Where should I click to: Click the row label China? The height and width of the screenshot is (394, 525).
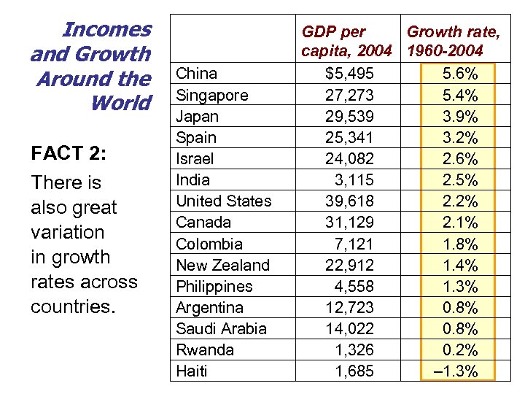197,73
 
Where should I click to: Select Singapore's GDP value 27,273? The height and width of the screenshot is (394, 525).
349,95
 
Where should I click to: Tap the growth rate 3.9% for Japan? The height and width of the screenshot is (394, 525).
460,116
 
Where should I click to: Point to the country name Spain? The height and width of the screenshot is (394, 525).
196,137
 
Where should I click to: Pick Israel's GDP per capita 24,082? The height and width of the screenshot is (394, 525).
349,158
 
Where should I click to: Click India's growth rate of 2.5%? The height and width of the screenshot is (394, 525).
460,179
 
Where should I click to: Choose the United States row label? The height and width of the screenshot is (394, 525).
224,201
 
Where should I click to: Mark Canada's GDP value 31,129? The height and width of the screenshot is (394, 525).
349,222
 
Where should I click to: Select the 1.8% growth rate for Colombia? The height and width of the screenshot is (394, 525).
460,244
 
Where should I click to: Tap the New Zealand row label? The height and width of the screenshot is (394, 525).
223,265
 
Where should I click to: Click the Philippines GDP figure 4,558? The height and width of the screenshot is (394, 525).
354,286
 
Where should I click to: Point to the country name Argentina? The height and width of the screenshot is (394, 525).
210,307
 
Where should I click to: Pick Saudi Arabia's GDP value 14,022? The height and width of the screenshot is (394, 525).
349,328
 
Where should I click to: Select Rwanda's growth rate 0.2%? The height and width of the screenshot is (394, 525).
460,349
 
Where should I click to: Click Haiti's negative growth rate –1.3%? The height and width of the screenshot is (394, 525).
456,371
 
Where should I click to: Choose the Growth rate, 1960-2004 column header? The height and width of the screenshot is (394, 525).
453,42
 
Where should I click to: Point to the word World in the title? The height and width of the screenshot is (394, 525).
120,103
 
